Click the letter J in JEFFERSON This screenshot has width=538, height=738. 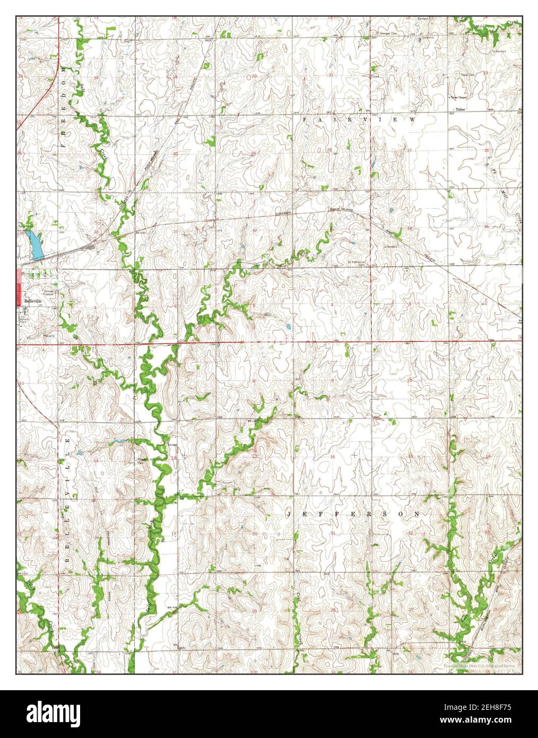290,514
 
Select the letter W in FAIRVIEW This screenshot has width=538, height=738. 412,121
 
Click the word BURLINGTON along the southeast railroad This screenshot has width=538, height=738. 487,614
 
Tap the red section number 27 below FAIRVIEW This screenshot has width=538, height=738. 410,151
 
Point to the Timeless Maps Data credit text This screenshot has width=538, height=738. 481,665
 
